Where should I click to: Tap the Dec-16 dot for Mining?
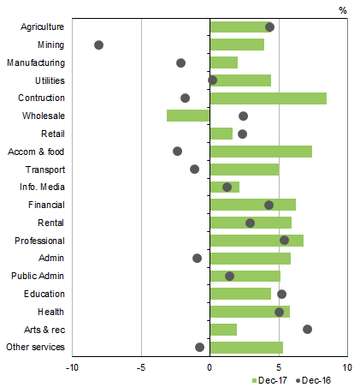(98, 45)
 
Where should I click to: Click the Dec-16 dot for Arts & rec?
(308, 329)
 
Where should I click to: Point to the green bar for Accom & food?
(261, 152)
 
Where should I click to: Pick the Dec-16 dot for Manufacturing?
(180, 63)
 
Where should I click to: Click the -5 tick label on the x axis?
(140, 366)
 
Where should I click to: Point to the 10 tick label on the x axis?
(347, 366)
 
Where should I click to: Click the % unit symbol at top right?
(343, 10)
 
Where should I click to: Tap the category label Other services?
(34, 347)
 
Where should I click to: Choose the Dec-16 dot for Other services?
(200, 347)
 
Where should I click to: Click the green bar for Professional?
(257, 241)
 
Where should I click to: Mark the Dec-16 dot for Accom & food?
(177, 151)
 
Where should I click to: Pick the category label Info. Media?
(41, 187)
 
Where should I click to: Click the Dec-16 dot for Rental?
(250, 223)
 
